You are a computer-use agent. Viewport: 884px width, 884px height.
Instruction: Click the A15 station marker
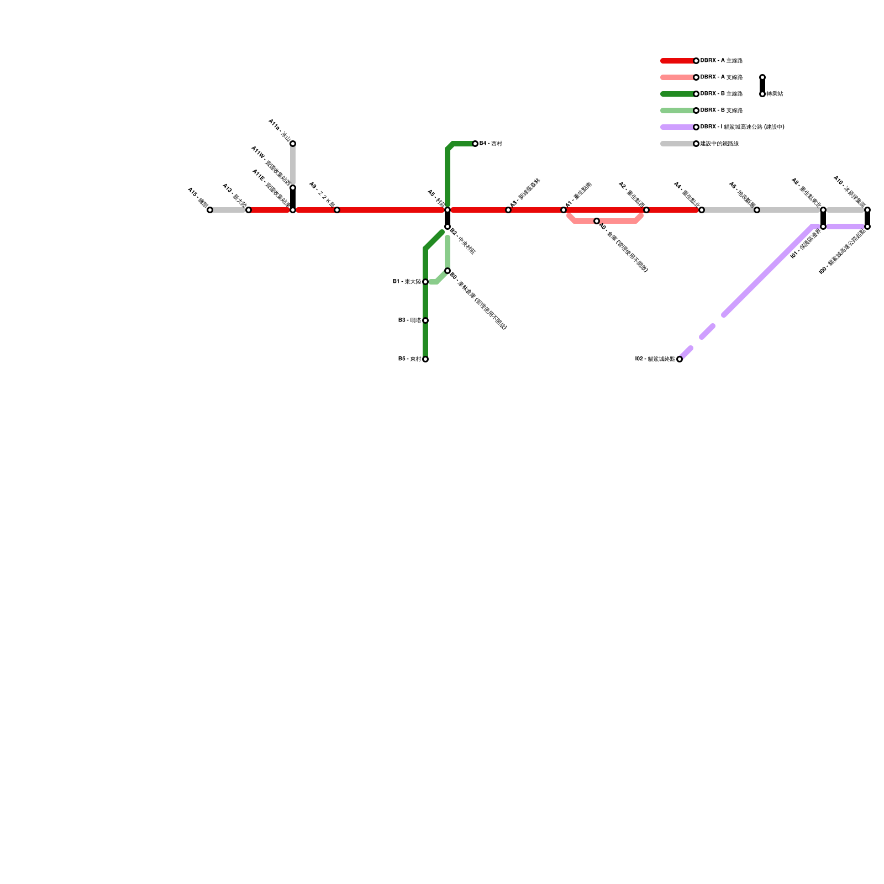pyautogui.click(x=210, y=210)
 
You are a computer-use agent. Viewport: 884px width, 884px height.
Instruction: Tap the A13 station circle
pyautogui.click(x=249, y=210)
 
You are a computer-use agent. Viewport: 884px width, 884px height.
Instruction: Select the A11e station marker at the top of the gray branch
pyautogui.click(x=293, y=144)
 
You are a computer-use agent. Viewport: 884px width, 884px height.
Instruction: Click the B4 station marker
pyautogui.click(x=475, y=144)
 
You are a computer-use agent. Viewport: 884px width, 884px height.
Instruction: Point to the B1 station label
pyautogui.click(x=407, y=282)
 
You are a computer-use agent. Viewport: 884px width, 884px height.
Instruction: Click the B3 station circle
pyautogui.click(x=425, y=320)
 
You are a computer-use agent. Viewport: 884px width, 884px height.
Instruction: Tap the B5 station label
pyautogui.click(x=409, y=359)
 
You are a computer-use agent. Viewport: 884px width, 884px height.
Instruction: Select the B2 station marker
pyautogui.click(x=448, y=227)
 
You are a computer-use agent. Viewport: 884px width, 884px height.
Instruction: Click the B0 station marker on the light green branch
pyautogui.click(x=448, y=271)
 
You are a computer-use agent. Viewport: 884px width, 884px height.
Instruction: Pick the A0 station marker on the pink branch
pyautogui.click(x=597, y=221)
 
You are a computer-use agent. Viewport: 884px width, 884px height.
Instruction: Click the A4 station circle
pyautogui.click(x=702, y=210)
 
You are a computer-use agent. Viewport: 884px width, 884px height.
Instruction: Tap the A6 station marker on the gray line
pyautogui.click(x=757, y=210)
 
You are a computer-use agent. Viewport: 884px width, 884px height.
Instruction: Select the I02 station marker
pyautogui.click(x=680, y=359)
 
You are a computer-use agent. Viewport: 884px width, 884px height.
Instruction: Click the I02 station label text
pyautogui.click(x=655, y=359)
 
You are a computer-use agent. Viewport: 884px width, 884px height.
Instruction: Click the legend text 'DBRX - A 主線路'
pyautogui.click(x=722, y=61)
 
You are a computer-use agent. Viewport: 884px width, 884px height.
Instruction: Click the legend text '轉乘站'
pyautogui.click(x=775, y=94)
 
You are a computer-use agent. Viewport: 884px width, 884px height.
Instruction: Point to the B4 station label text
pyautogui.click(x=491, y=144)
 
